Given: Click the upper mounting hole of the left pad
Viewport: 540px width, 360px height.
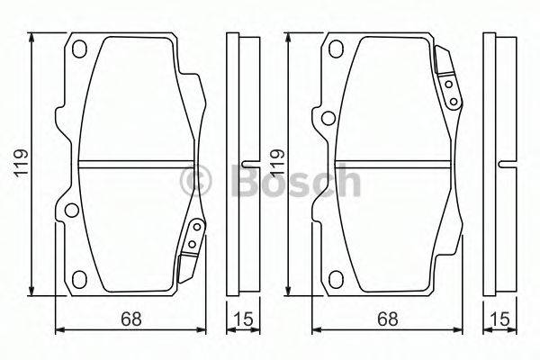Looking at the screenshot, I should [x=79, y=49].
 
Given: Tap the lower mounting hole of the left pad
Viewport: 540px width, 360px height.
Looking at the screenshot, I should [x=79, y=277].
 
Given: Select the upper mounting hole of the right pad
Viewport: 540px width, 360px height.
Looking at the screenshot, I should [x=334, y=49].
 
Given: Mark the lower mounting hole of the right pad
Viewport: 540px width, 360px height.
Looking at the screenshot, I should [x=334, y=277].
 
